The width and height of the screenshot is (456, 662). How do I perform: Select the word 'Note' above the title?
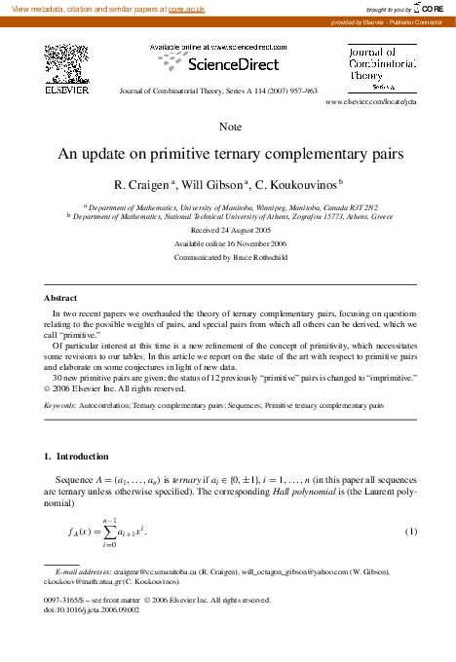click(x=231, y=128)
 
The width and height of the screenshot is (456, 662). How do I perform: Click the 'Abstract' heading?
click(x=61, y=297)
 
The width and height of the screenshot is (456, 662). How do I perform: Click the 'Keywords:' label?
click(x=63, y=403)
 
